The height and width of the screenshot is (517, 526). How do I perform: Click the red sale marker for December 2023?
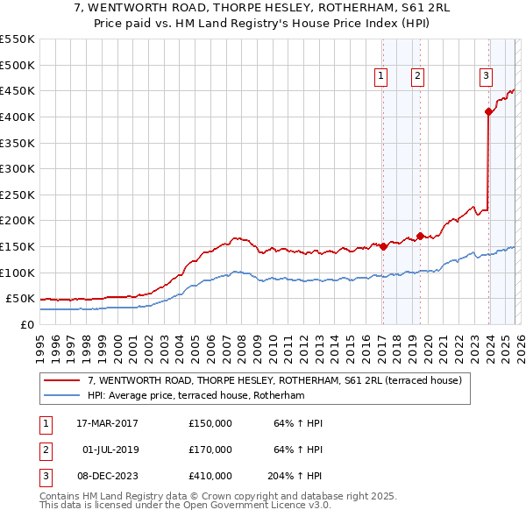pyautogui.click(x=488, y=111)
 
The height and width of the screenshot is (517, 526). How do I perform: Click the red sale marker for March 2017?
pyautogui.click(x=383, y=247)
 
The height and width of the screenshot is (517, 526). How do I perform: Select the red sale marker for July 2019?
pyautogui.click(x=419, y=236)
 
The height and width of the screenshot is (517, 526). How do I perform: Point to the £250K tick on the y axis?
pyautogui.click(x=18, y=195)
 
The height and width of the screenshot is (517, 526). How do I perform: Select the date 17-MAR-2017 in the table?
pyautogui.click(x=107, y=423)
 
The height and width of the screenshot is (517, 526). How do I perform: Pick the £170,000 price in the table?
pyautogui.click(x=210, y=450)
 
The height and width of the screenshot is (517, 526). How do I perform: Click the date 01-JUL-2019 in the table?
pyautogui.click(x=110, y=450)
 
